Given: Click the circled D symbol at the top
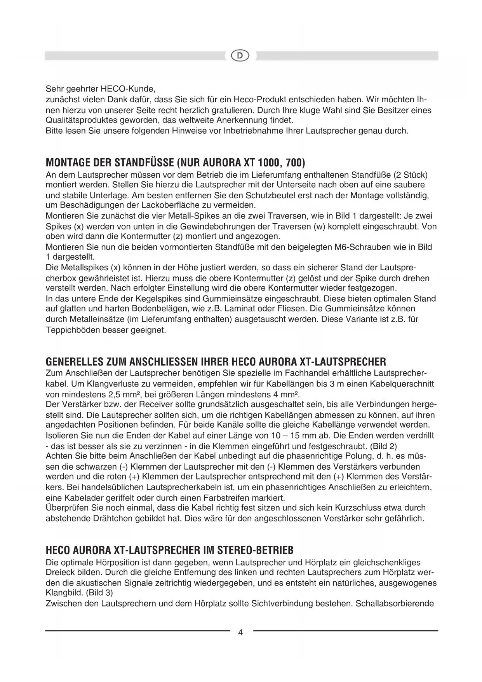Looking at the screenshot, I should [x=240, y=56].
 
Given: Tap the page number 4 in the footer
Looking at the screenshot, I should [x=240, y=633].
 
